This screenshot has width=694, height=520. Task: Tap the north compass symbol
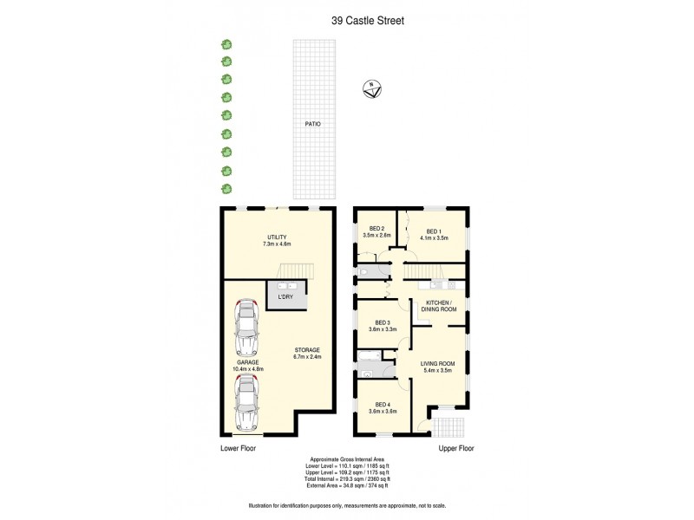pos(373,88)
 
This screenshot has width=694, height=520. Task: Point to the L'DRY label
pos(285,297)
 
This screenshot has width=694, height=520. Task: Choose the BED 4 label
pos(383,405)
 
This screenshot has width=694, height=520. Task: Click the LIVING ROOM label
pos(437,364)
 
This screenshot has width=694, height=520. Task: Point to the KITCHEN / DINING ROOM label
pos(439,305)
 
